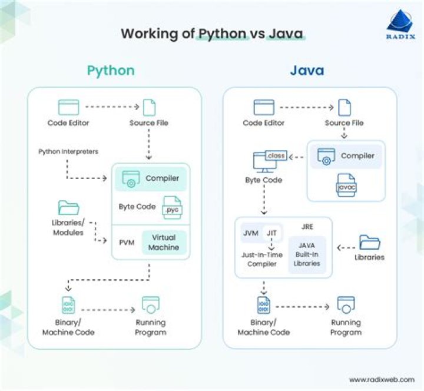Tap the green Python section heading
coord(111,71)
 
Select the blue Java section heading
coord(306,71)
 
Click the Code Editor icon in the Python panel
coord(68,107)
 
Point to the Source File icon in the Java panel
coord(344,107)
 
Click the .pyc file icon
coord(172,206)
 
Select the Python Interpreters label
coord(68,151)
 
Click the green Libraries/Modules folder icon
coord(68,208)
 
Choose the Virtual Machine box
coord(164,242)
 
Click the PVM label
coord(128,242)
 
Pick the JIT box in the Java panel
coord(271,233)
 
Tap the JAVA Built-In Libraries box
coord(307,254)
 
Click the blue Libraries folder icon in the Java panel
coord(369,242)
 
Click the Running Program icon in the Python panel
coord(151,305)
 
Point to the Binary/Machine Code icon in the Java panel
coord(263,305)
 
